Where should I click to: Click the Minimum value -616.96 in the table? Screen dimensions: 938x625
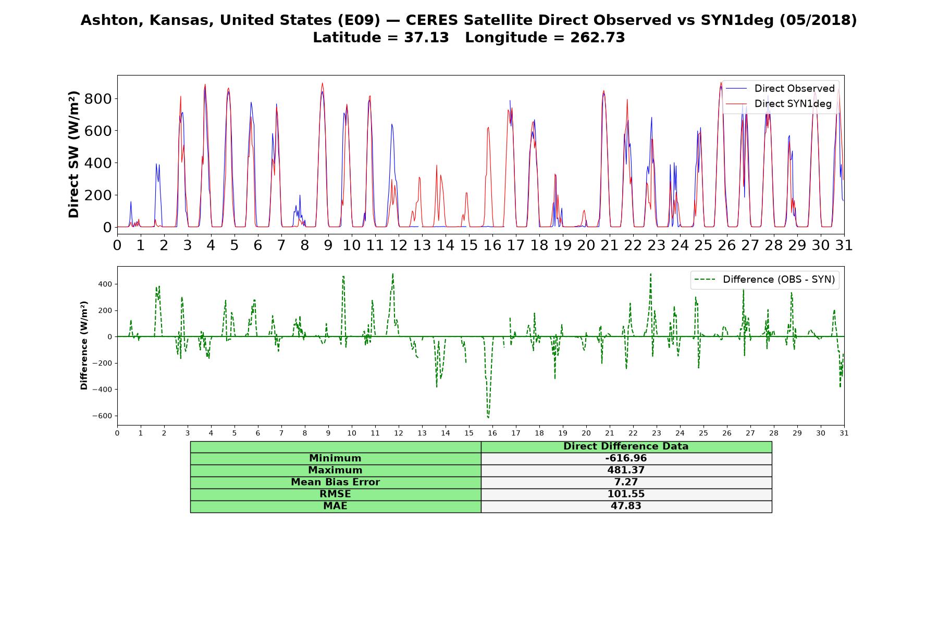626,458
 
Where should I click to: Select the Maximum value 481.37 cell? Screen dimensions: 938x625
626,470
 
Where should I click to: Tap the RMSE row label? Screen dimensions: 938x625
335,494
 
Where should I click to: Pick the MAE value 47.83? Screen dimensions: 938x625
626,506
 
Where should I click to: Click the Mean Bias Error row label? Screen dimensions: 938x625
335,482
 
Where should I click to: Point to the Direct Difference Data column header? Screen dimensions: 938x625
626,446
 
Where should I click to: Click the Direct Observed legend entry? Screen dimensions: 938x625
780,89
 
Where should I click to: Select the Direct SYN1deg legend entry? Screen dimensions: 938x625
779,104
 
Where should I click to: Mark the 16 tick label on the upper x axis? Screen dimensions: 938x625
492,245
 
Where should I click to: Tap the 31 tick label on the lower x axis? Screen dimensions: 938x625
844,433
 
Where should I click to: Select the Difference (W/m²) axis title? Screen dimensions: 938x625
84,345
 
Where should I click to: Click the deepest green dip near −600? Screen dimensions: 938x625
488,417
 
